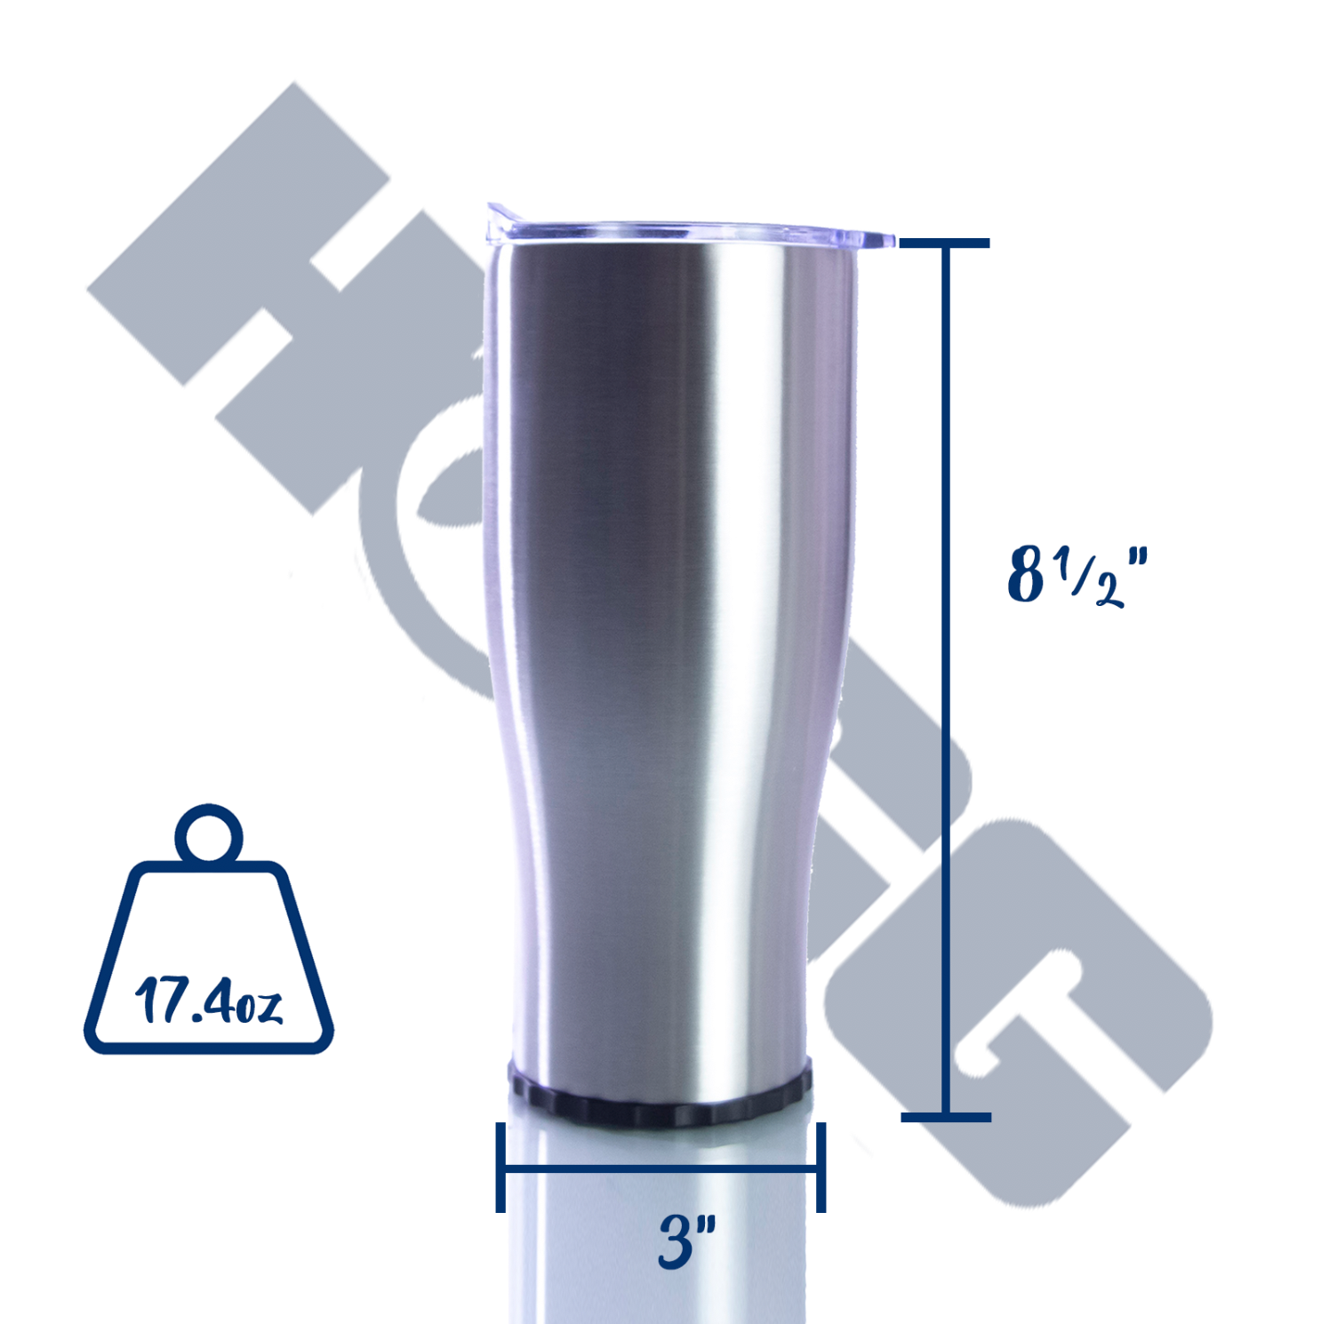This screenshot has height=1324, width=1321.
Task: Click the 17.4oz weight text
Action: coord(208,1001)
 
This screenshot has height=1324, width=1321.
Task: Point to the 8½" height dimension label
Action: coord(1077,575)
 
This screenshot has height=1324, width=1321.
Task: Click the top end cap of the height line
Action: coord(945,243)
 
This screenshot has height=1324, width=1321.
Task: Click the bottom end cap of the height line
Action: coord(946,1116)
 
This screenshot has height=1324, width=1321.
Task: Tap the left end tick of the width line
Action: coord(501,1167)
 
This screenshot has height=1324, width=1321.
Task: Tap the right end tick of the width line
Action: coord(821,1167)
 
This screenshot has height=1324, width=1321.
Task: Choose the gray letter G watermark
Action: coord(1022,1004)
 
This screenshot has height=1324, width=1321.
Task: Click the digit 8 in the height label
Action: coord(1026,575)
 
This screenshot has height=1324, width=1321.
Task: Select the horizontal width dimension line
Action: coord(660,1168)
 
